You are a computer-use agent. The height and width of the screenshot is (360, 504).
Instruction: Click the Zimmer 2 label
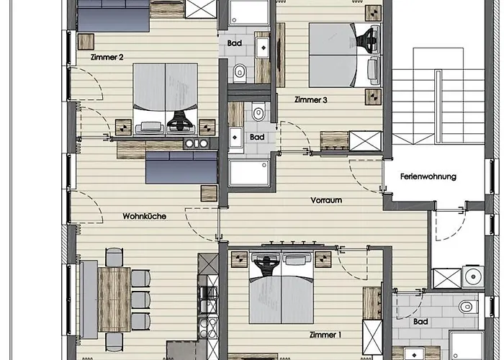(x=108, y=57)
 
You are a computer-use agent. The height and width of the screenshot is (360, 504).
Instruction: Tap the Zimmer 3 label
(x=312, y=100)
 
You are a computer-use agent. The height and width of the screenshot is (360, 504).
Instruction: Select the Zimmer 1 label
(x=325, y=334)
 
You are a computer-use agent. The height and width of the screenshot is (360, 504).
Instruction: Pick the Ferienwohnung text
(x=430, y=176)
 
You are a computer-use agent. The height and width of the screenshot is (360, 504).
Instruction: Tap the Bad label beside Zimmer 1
(x=422, y=321)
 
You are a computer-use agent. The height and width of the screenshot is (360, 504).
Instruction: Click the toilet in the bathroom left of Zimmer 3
(x=240, y=71)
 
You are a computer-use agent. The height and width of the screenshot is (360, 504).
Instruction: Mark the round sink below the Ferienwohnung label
(x=472, y=276)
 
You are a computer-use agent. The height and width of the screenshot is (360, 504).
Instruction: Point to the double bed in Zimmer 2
(x=166, y=95)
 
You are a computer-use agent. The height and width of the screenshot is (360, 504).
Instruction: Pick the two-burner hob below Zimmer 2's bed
(x=194, y=143)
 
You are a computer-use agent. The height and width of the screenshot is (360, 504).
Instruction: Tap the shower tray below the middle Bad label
(x=248, y=173)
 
